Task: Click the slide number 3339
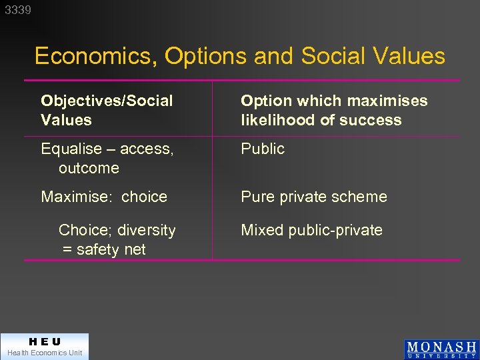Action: click(18, 10)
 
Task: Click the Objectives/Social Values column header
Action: click(107, 111)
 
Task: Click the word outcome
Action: click(89, 169)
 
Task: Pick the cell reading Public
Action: click(263, 149)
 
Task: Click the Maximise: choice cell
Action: click(104, 197)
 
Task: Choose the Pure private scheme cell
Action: click(313, 197)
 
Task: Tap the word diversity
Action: click(145, 231)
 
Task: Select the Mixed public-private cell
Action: click(311, 231)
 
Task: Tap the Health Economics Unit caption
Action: click(45, 353)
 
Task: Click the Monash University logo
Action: click(441, 349)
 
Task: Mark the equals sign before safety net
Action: click(67, 250)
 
